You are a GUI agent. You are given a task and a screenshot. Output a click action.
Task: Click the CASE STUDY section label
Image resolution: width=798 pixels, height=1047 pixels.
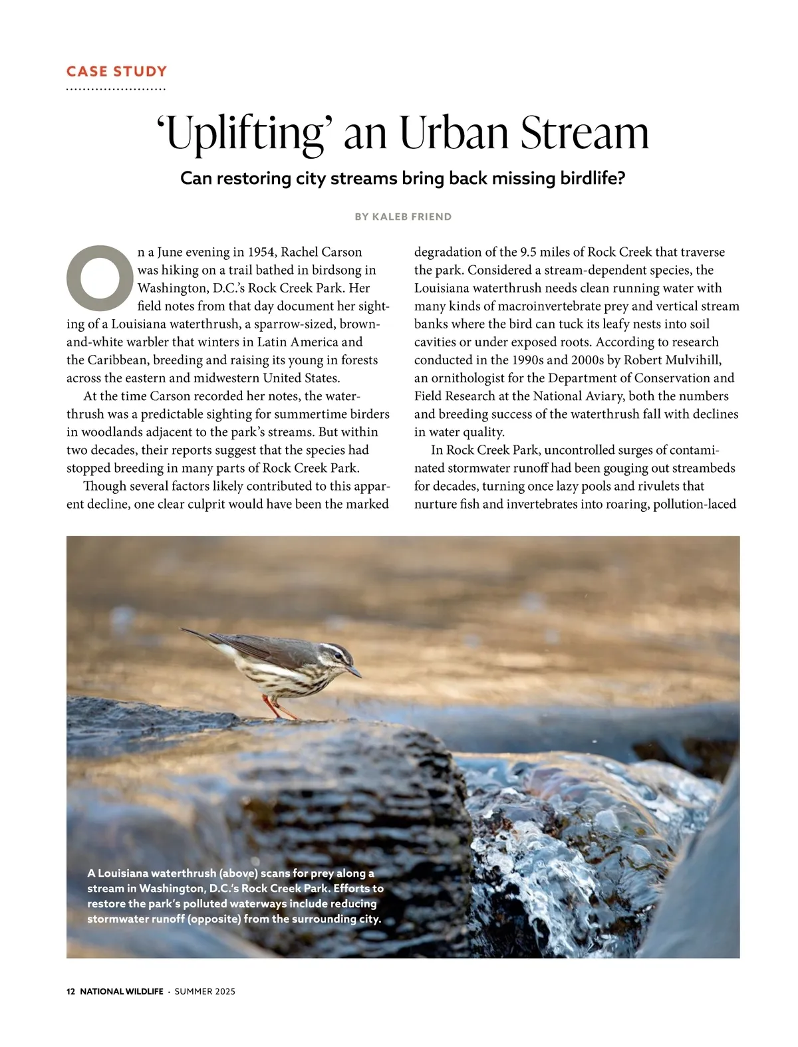click(x=116, y=72)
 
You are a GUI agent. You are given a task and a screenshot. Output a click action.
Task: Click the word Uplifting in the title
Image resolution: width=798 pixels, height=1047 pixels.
click(x=243, y=134)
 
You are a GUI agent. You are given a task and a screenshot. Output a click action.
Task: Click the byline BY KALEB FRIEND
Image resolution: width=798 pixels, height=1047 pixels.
click(x=403, y=217)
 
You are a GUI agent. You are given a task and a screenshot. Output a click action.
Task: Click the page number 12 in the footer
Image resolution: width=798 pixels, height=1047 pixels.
click(x=70, y=991)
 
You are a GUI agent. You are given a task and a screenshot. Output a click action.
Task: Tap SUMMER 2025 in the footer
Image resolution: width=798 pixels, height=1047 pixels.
click(x=205, y=991)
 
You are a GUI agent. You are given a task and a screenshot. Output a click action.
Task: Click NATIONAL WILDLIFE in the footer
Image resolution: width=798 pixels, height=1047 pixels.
click(x=121, y=991)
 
